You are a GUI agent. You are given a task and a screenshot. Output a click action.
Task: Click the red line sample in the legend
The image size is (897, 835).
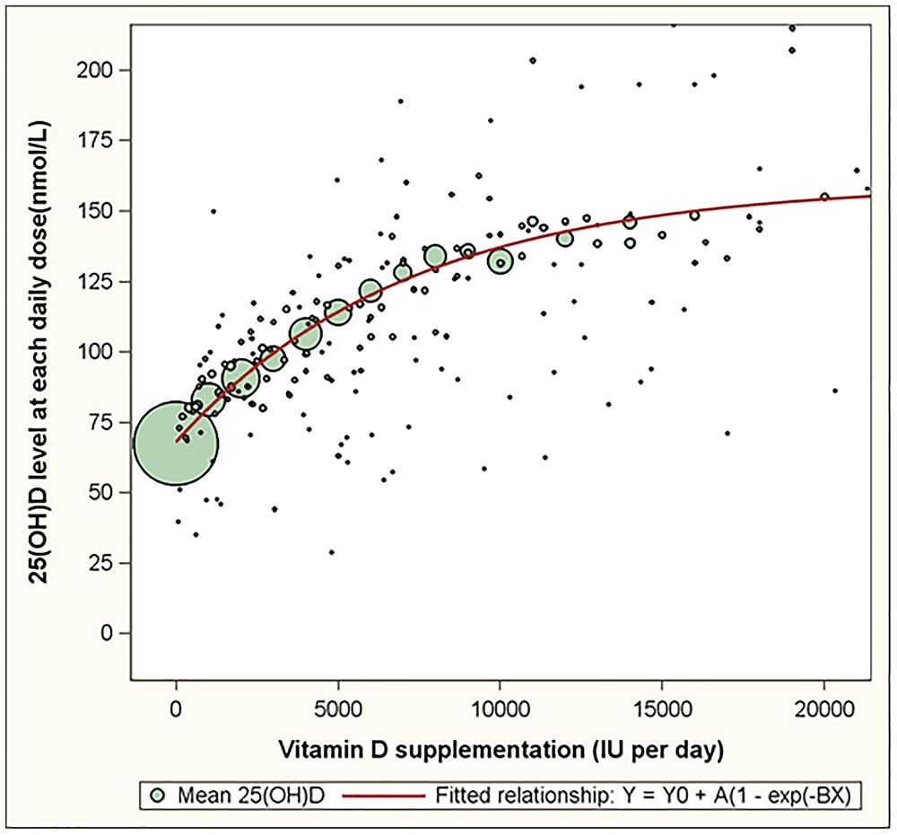(381, 794)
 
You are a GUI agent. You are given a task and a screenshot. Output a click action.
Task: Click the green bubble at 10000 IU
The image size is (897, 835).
(501, 261)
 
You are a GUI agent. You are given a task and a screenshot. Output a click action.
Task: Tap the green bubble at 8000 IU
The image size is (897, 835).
(435, 256)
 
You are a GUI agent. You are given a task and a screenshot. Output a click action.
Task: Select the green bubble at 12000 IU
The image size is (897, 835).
(565, 238)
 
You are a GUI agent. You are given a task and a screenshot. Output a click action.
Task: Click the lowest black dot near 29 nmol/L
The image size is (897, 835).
(331, 552)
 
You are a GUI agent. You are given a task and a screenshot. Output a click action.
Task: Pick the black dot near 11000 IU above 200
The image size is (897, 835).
(533, 60)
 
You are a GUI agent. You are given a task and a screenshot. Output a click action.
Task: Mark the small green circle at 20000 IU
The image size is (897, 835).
(824, 197)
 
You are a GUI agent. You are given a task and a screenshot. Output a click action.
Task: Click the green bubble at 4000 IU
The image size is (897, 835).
(306, 335)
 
